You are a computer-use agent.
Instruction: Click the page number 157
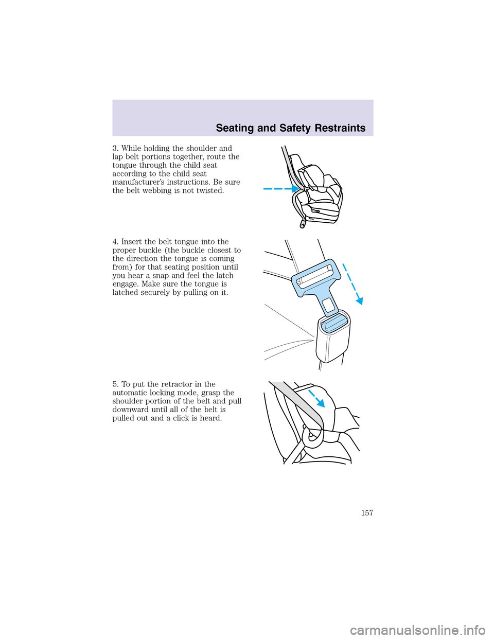pyautogui.click(x=366, y=513)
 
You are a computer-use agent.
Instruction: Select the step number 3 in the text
pyautogui.click(x=115, y=149)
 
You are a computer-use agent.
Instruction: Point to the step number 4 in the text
pyautogui.click(x=115, y=242)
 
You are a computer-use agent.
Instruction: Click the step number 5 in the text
pyautogui.click(x=115, y=384)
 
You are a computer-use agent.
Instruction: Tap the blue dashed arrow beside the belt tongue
pyautogui.click(x=352, y=283)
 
